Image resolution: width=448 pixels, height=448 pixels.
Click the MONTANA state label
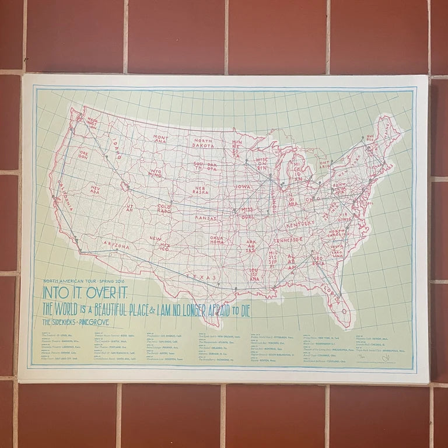click(161, 139)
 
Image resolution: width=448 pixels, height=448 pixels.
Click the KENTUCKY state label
click(300, 224)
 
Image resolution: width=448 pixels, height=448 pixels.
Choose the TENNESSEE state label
click(288, 240)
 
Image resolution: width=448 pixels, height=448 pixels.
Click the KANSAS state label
click(206, 218)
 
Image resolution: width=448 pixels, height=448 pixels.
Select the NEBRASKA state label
click(201, 191)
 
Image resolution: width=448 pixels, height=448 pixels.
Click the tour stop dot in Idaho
click(106, 156)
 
